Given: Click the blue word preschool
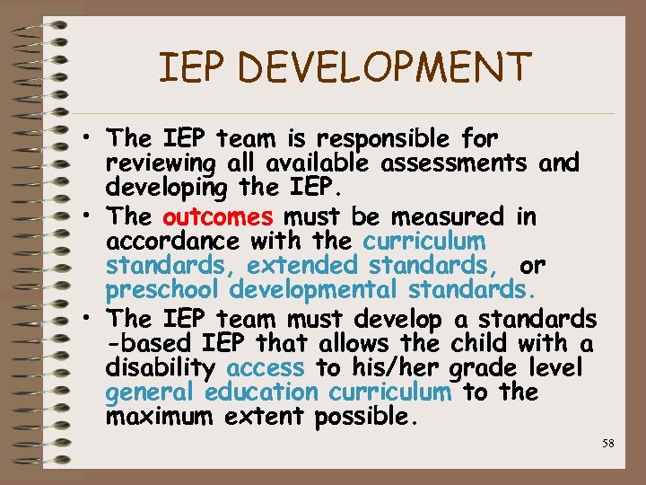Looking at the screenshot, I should coord(163,291).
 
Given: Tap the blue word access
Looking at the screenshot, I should coord(266,367).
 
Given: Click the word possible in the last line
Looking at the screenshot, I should coord(367,417).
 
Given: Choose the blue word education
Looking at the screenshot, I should coord(261,392).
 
